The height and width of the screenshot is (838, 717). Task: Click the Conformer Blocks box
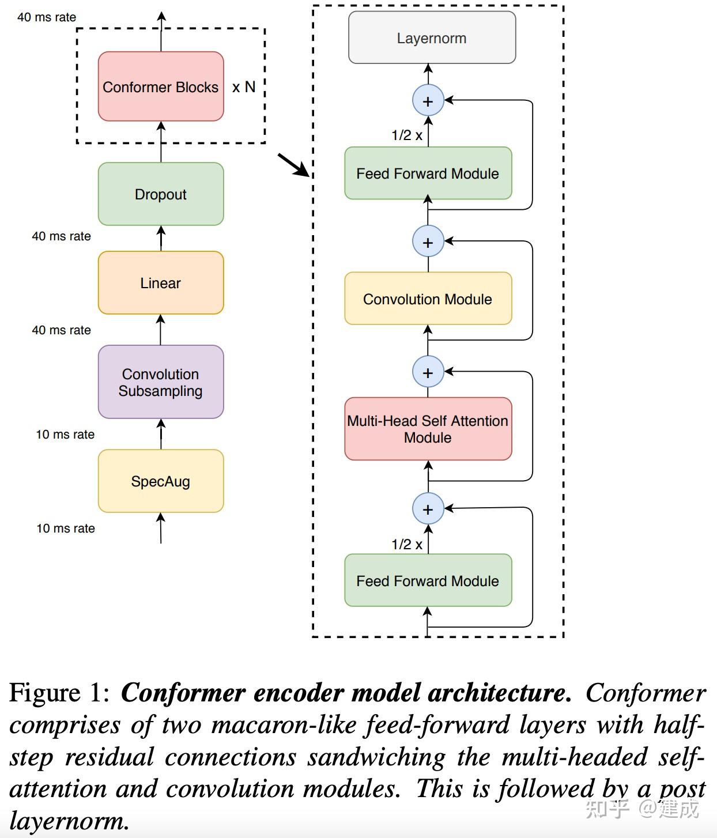pyautogui.click(x=160, y=86)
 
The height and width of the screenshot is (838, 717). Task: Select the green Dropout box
pyautogui.click(x=160, y=194)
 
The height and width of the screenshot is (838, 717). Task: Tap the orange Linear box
pyautogui.click(x=160, y=283)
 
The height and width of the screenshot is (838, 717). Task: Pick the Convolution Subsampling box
pyautogui.click(x=160, y=382)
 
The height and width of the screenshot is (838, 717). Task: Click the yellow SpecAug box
pyautogui.click(x=160, y=481)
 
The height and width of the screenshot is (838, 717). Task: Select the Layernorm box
pyautogui.click(x=432, y=38)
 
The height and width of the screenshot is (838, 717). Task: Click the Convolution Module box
pyautogui.click(x=428, y=299)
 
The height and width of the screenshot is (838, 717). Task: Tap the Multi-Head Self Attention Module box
pyautogui.click(x=428, y=429)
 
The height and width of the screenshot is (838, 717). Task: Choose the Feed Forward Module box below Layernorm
pyautogui.click(x=428, y=173)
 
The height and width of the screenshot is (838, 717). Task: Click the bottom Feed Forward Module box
pyautogui.click(x=428, y=580)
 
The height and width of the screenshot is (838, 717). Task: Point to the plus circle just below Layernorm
pyautogui.click(x=428, y=101)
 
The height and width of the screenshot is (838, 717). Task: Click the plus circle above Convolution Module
pyautogui.click(x=428, y=242)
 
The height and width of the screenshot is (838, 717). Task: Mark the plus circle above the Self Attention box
pyautogui.click(x=428, y=372)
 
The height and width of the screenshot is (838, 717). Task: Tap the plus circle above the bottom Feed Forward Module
pyautogui.click(x=428, y=509)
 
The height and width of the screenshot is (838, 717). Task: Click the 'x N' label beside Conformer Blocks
pyautogui.click(x=244, y=87)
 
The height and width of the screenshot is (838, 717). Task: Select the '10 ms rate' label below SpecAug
pyautogui.click(x=66, y=529)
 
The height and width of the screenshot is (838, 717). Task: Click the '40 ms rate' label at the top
pyautogui.click(x=47, y=17)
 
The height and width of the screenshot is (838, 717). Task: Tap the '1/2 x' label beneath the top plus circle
pyautogui.click(x=407, y=135)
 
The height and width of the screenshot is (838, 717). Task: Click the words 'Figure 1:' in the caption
pyautogui.click(x=59, y=693)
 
